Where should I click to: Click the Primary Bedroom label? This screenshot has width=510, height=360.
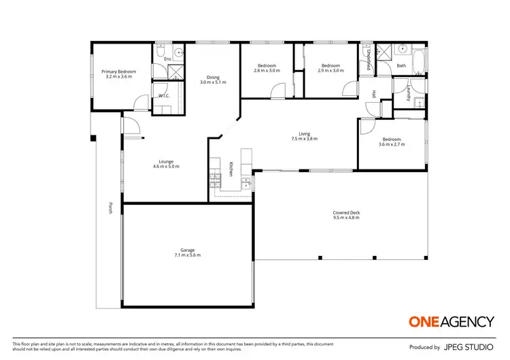(x=119, y=71)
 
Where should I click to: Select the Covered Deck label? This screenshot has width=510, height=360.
(x=346, y=212)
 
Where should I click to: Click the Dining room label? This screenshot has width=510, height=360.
(x=212, y=77)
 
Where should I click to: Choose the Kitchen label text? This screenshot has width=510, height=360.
(x=231, y=169)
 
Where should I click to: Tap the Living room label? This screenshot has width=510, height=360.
(x=305, y=133)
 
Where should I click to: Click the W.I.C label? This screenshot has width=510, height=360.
(x=164, y=96)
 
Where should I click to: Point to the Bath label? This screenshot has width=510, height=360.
(x=401, y=66)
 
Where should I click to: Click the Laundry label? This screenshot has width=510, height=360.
(x=409, y=92)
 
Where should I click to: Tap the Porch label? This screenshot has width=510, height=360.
(x=110, y=208)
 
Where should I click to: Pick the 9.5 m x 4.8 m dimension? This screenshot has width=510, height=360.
(x=346, y=218)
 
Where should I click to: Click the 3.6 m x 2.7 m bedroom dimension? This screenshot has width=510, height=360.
(x=392, y=144)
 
